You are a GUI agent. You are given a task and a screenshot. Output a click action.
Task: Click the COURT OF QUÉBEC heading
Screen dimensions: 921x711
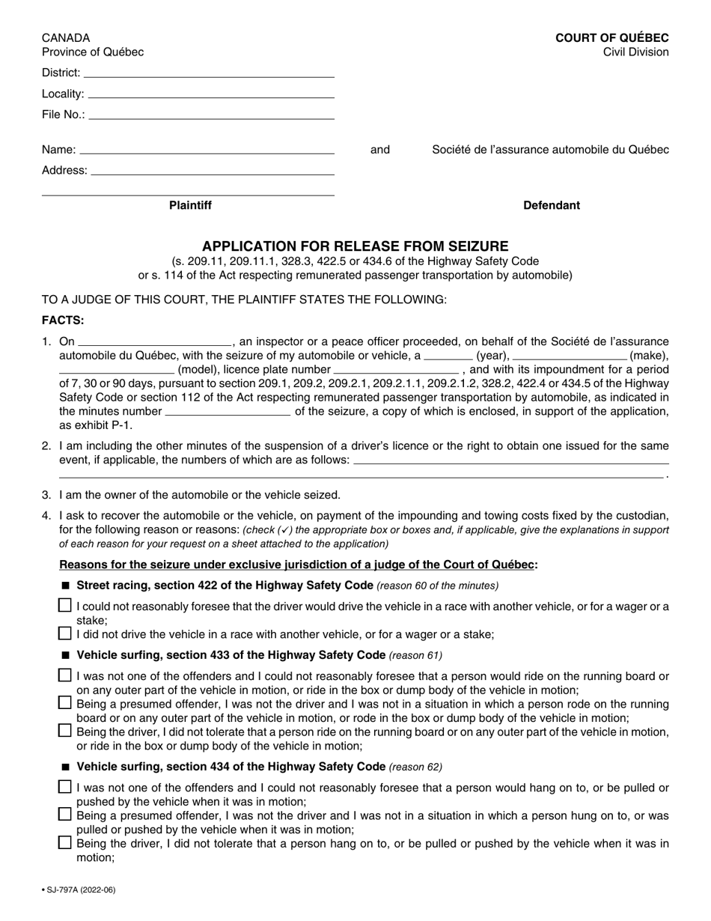point(611,37)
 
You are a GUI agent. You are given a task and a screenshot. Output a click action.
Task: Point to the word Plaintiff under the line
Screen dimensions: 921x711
point(190,205)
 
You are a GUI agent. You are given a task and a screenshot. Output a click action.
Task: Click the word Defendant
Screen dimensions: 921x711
point(551,205)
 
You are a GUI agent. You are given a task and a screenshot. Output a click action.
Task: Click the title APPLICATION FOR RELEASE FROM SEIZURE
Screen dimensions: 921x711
point(355,246)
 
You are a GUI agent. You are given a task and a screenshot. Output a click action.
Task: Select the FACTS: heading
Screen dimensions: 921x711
point(63,320)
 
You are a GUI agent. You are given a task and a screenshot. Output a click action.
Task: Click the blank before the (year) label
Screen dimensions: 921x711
point(448,356)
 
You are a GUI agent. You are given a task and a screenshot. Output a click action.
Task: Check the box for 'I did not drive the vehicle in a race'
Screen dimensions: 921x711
point(65,633)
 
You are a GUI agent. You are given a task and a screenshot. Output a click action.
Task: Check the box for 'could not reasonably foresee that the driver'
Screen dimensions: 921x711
point(65,605)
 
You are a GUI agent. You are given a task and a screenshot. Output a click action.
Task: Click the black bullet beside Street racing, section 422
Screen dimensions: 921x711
point(66,586)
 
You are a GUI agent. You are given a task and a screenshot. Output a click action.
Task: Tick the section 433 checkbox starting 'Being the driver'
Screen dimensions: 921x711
point(65,731)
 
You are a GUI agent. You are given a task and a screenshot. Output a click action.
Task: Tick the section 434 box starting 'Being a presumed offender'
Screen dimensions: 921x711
point(65,815)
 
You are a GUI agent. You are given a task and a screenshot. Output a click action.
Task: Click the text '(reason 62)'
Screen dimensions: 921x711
point(415,767)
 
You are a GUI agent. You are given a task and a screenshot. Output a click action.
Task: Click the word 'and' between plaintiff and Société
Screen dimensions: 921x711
point(380,150)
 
